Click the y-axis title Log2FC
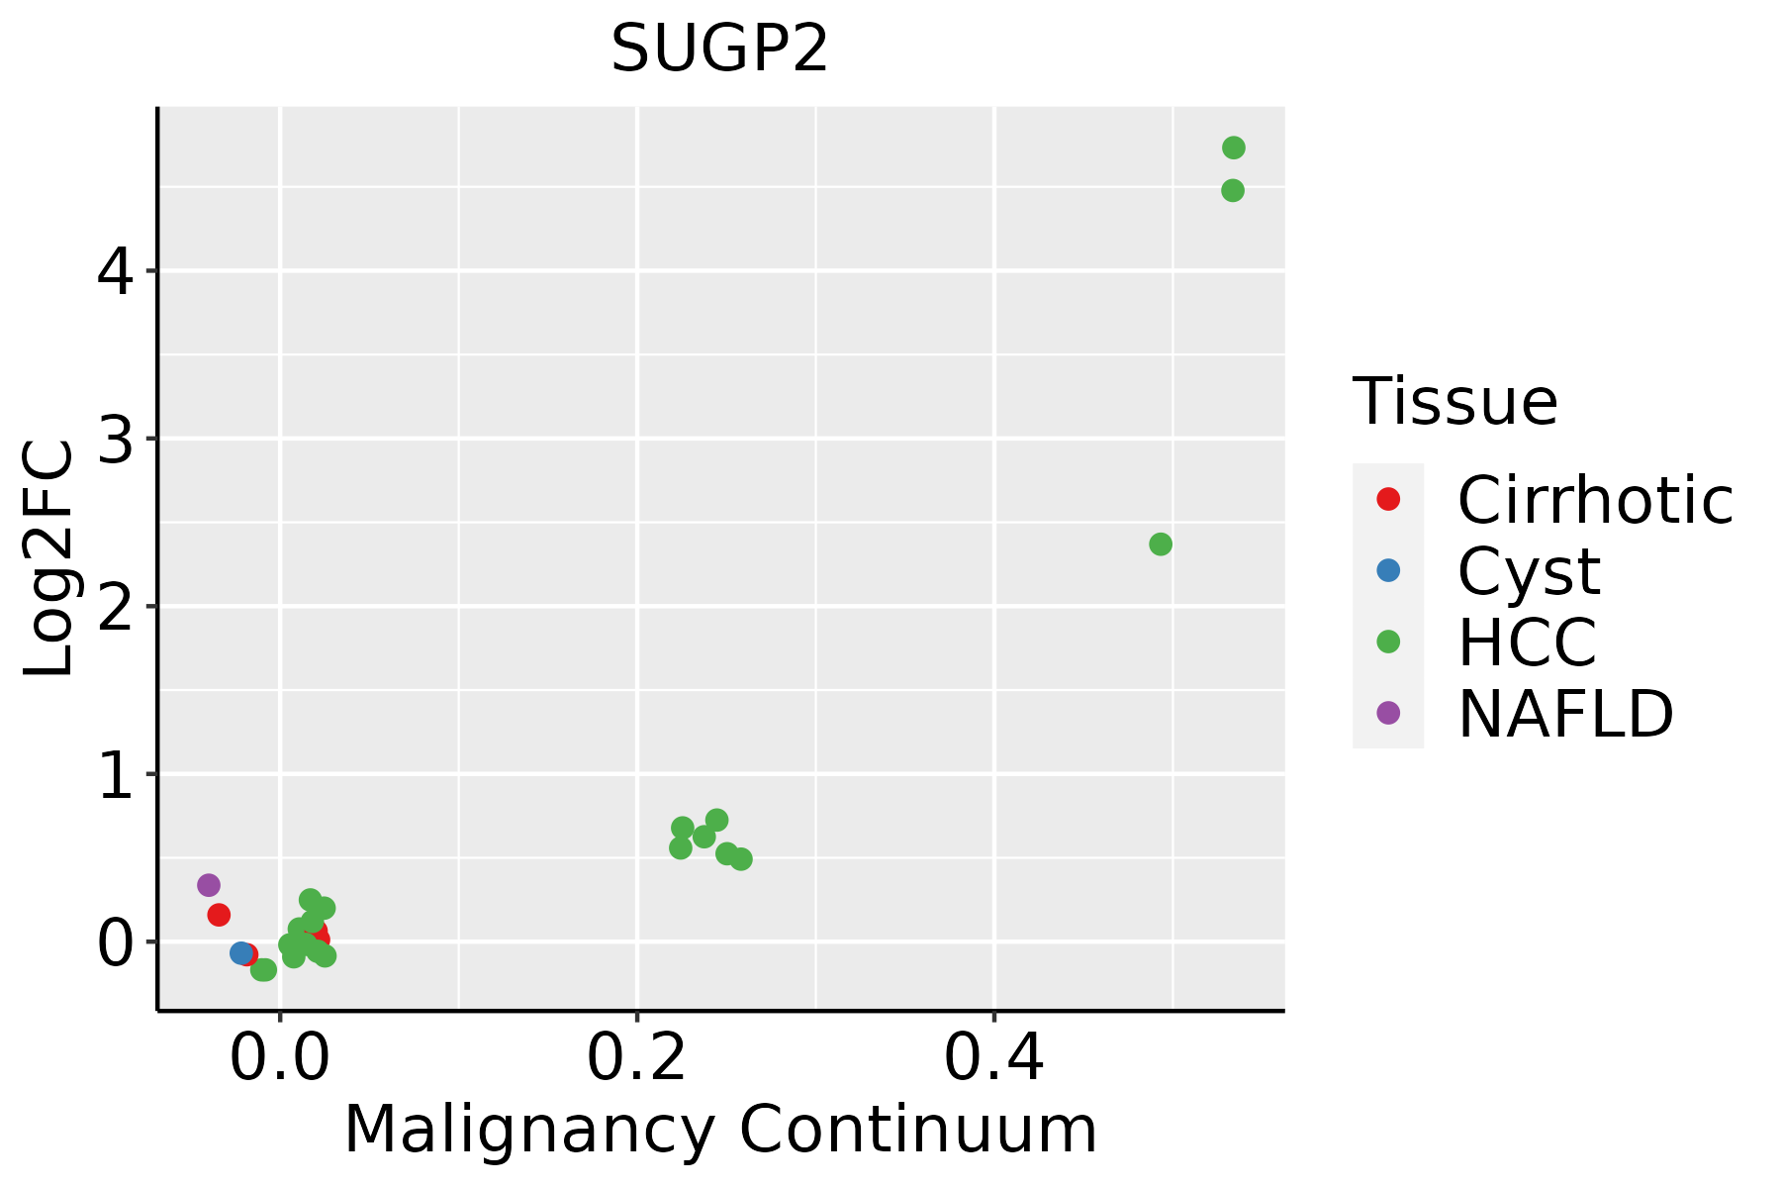[49, 559]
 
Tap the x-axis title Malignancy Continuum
[719, 1130]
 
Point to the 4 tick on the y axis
[115, 270]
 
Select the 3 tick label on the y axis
[115, 439]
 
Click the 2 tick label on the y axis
[115, 606]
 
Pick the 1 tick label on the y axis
[115, 774]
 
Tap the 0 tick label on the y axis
[115, 941]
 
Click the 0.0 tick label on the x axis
[280, 1057]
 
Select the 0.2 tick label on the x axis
[637, 1057]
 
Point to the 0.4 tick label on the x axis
[993, 1057]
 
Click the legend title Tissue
[1454, 402]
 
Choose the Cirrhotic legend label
[1595, 500]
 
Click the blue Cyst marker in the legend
[1388, 570]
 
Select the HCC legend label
[1527, 642]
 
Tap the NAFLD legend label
[1565, 713]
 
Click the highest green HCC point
[1233, 148]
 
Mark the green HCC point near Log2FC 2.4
[1161, 544]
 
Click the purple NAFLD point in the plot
[209, 885]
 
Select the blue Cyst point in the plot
[240, 952]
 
